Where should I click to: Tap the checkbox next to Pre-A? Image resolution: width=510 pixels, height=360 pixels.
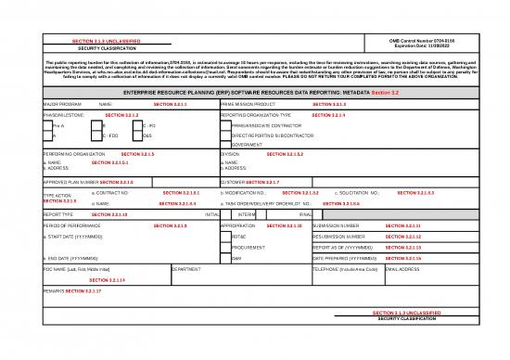pos(48,125)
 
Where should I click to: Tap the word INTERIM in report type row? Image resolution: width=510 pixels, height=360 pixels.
pos(248,214)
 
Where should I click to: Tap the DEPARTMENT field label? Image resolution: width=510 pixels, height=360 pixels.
pos(186,268)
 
